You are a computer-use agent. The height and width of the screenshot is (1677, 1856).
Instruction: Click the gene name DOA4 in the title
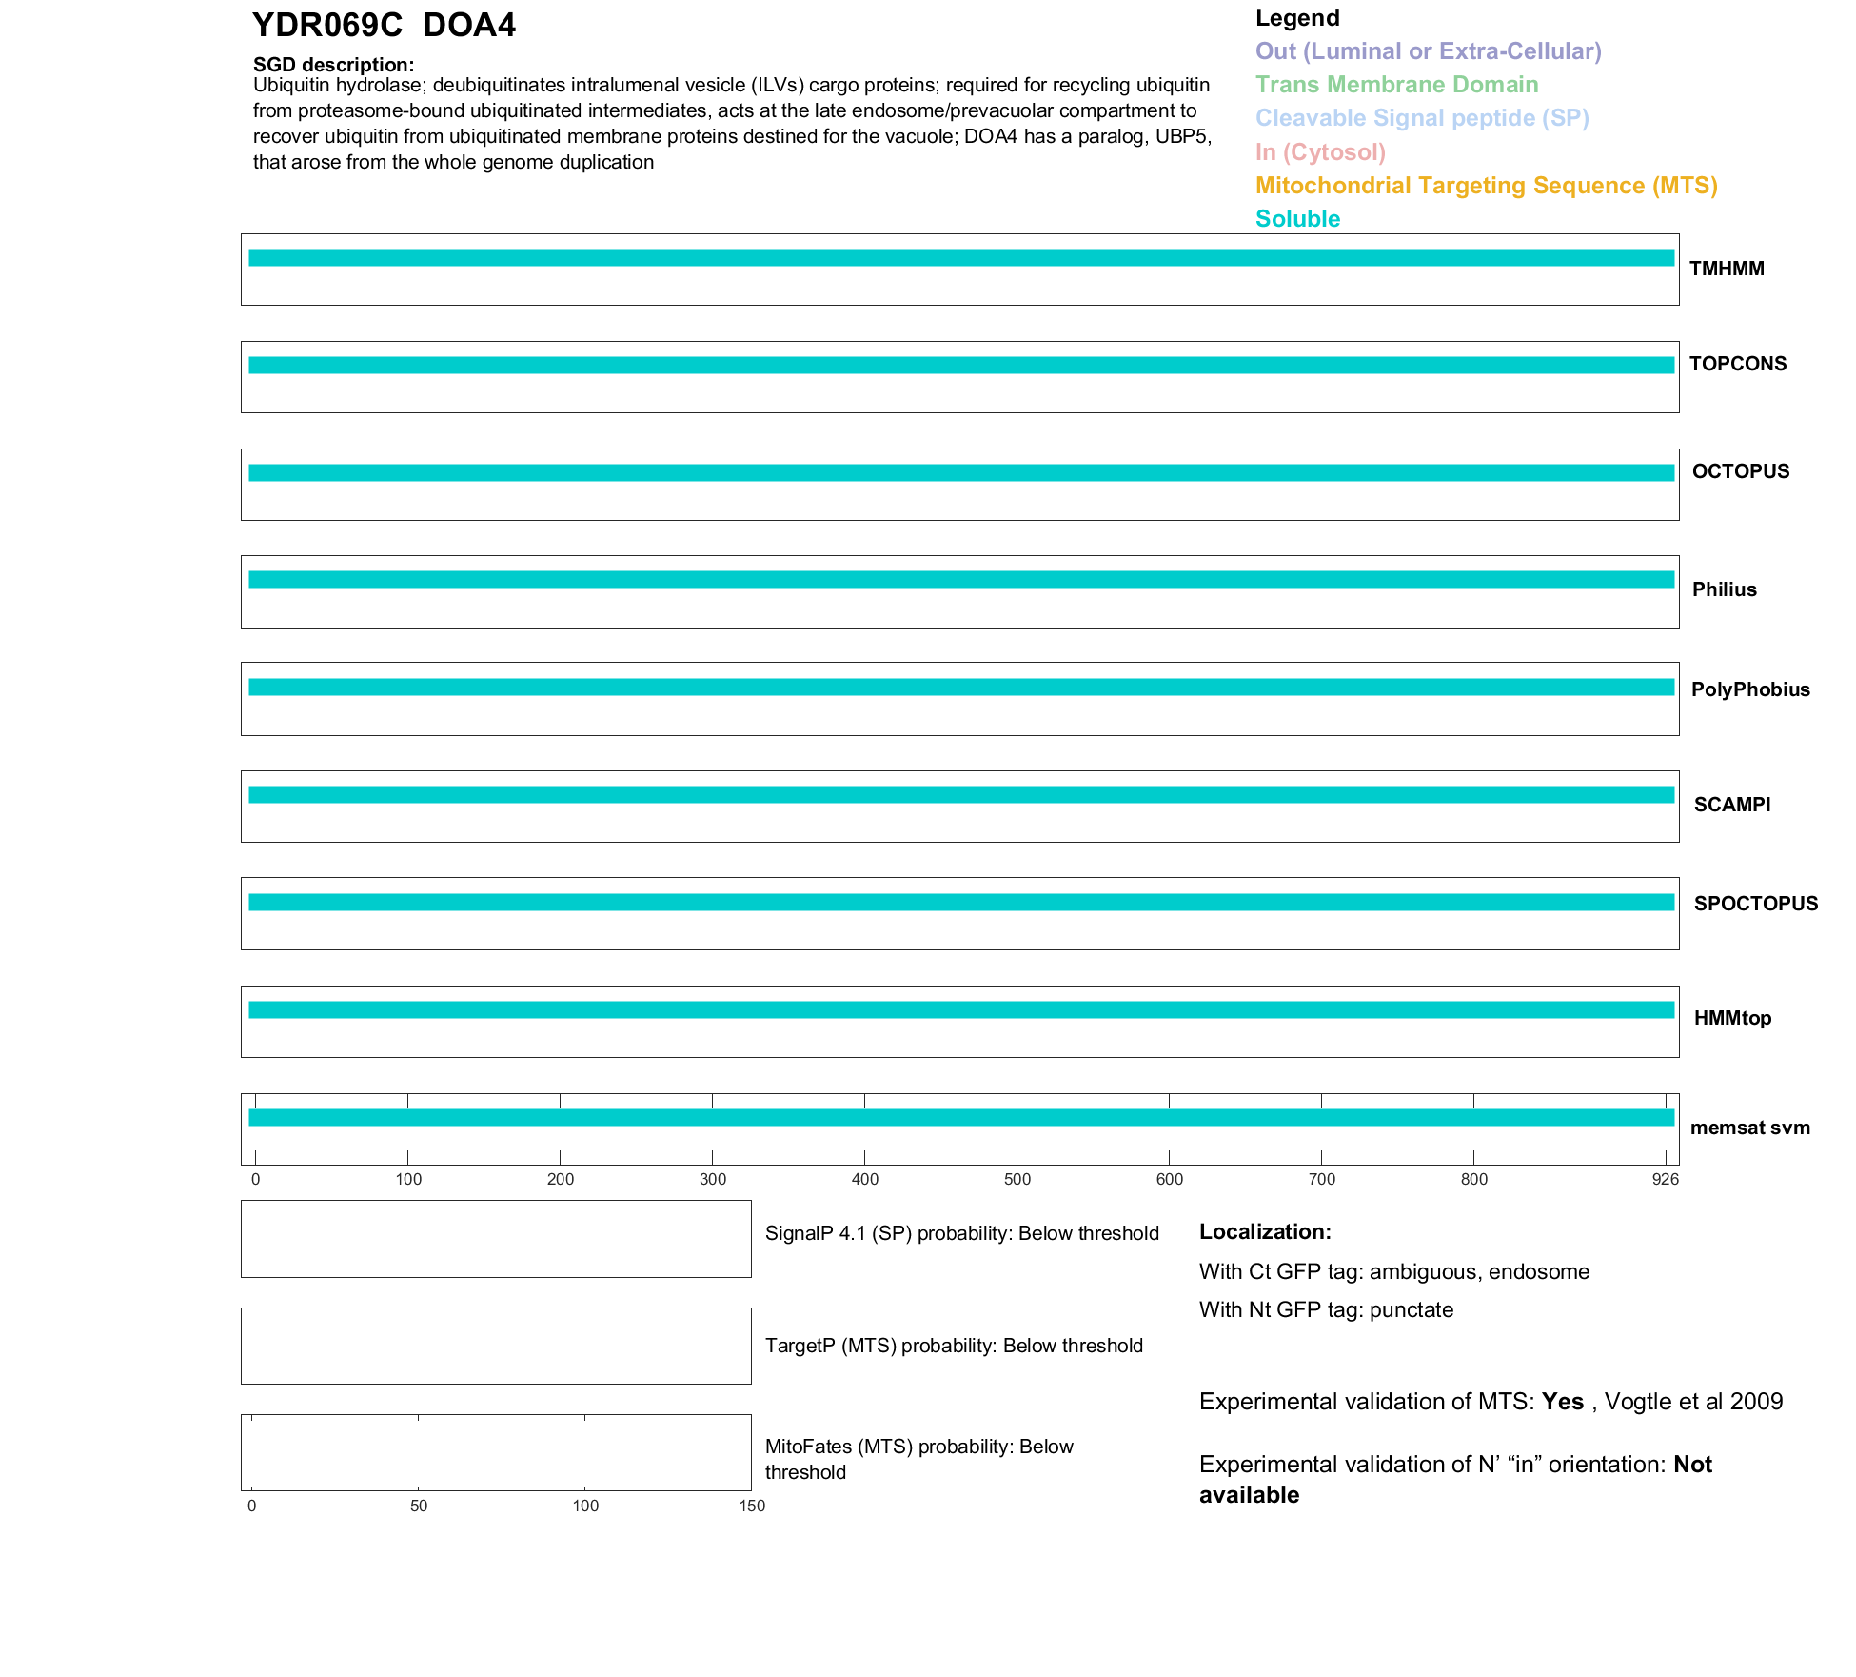pos(468,26)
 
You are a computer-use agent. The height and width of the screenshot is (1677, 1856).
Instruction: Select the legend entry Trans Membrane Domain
pos(1396,85)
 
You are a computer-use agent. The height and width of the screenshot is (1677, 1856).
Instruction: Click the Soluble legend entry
pos(1297,219)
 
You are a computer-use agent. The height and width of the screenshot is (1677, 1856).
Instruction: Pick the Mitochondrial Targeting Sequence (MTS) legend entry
pos(1486,186)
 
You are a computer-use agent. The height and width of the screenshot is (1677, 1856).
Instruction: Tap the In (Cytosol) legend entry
pos(1320,152)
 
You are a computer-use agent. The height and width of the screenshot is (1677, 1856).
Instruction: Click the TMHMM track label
pos(1727,270)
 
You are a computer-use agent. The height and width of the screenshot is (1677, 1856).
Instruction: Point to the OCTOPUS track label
pos(1740,471)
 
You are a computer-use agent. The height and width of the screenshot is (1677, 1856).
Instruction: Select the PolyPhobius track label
pos(1749,689)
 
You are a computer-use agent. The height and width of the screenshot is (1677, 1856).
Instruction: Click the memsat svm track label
pos(1749,1128)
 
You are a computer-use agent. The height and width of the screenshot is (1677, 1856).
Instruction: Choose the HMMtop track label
pos(1732,1018)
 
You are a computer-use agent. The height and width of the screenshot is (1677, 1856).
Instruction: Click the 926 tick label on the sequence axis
pos(1665,1180)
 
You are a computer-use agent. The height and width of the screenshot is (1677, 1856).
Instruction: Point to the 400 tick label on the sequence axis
pos(864,1180)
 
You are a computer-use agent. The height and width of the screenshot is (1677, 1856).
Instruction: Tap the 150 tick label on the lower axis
pos(752,1507)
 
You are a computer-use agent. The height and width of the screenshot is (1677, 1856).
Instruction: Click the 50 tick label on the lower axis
pos(419,1507)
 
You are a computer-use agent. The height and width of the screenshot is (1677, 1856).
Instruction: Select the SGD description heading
pos(333,65)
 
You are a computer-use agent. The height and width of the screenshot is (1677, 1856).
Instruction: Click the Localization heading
pos(1264,1232)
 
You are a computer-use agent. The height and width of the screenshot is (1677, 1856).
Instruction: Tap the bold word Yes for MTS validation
pos(1562,1402)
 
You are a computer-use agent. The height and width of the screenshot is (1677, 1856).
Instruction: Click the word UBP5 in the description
pos(1182,136)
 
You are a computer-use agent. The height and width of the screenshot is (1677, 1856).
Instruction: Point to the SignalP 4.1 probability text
pos(961,1234)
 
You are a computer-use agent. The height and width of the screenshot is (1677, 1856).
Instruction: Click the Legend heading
pos(1296,18)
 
